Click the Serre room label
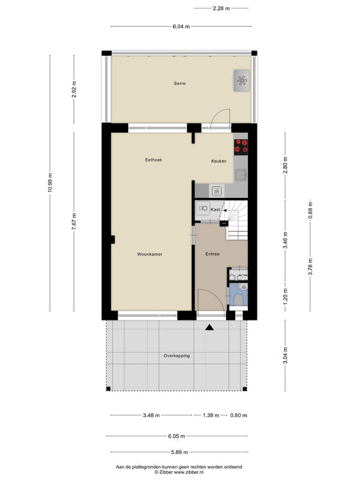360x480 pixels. click(x=179, y=83)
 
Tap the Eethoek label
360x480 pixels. click(x=154, y=160)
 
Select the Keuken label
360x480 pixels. click(x=218, y=161)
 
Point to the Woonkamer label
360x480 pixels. click(x=149, y=254)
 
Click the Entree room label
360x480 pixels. click(x=212, y=254)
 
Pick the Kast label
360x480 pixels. click(x=215, y=209)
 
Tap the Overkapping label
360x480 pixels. click(x=176, y=356)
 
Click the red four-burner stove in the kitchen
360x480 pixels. click(x=241, y=146)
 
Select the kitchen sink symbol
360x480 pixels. click(x=217, y=191)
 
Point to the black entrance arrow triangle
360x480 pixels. click(x=209, y=328)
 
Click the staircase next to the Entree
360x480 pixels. click(x=236, y=220)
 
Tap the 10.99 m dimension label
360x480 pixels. click(x=50, y=183)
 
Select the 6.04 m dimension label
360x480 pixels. click(x=181, y=26)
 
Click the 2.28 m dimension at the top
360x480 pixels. click(x=221, y=8)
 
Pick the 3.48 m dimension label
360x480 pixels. click(x=151, y=415)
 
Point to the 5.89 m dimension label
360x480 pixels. click(x=179, y=452)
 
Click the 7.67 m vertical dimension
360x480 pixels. click(x=74, y=221)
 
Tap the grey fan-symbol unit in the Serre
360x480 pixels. click(x=242, y=80)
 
